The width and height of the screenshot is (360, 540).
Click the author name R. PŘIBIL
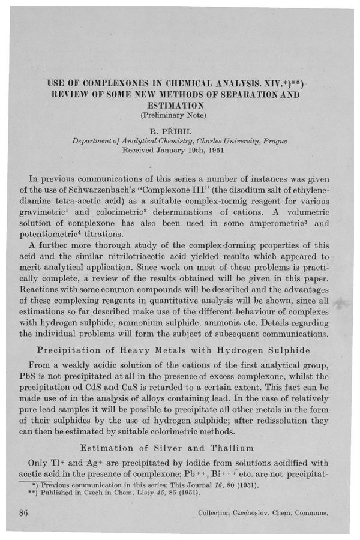point(179,128)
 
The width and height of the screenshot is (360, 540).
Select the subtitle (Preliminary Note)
point(179,113)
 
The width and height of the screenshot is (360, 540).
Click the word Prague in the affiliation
point(275,141)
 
